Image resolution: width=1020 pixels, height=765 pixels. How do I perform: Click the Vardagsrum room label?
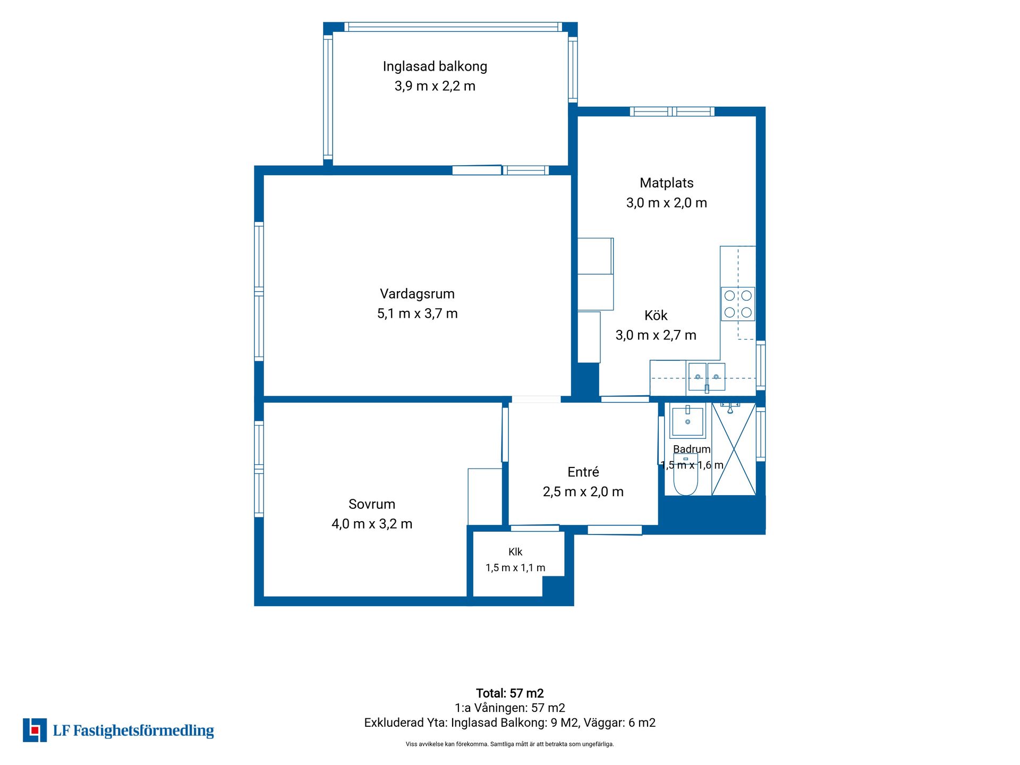coord(417,294)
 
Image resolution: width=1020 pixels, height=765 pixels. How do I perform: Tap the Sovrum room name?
coord(372,504)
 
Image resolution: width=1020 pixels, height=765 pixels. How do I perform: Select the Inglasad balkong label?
coord(435,66)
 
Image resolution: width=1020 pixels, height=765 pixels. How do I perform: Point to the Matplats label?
coord(667,183)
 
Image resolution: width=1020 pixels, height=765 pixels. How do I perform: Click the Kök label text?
coord(656,316)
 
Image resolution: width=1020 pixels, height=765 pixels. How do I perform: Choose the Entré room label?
coord(583,472)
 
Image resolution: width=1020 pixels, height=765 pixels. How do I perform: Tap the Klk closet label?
coord(515,552)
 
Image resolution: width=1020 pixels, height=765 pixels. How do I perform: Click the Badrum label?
coord(692,449)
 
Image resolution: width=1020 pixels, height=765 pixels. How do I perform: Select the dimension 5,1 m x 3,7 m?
coord(418,313)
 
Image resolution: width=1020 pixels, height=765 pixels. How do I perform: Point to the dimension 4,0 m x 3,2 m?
coord(372,524)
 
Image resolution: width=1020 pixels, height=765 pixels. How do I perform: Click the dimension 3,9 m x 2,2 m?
coord(435,86)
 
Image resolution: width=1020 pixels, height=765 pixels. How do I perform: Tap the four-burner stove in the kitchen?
coord(738,304)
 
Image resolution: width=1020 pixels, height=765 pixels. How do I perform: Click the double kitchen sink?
coord(707,377)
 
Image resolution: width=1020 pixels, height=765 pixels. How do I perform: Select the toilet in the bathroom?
coord(686,474)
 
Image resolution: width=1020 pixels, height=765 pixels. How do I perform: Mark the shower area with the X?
coord(734,449)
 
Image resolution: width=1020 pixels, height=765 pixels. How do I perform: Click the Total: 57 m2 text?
coord(510,693)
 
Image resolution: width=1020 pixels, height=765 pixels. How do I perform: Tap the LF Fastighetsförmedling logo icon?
coord(35,730)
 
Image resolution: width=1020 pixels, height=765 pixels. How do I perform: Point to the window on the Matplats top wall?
coord(672,112)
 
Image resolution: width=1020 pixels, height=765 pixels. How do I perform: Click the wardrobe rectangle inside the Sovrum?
coord(485,497)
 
